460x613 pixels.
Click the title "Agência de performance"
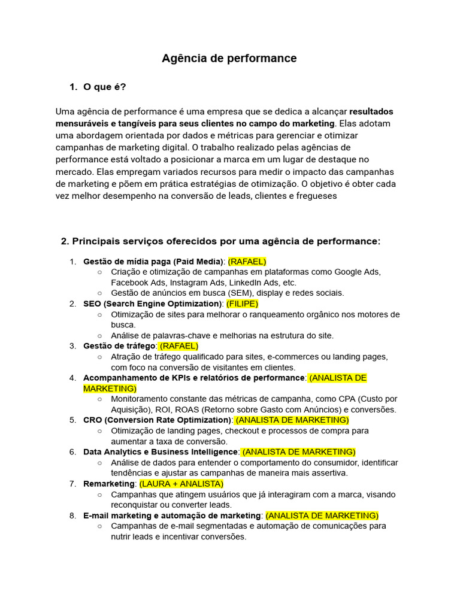[229, 59]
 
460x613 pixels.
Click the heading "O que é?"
[105, 87]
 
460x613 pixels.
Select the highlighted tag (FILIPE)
[243, 304]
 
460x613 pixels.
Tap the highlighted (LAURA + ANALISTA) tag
[181, 483]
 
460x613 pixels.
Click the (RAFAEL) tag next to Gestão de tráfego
[179, 345]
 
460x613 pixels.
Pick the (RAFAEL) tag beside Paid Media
[247, 262]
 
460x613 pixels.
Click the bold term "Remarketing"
[108, 483]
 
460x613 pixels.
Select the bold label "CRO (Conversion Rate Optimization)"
[158, 420]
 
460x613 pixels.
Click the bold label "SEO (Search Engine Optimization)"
[152, 304]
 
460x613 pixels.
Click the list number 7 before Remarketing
[72, 483]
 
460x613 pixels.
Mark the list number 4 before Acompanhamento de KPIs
[72, 378]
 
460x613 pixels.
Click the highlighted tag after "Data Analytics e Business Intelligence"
[298, 451]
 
